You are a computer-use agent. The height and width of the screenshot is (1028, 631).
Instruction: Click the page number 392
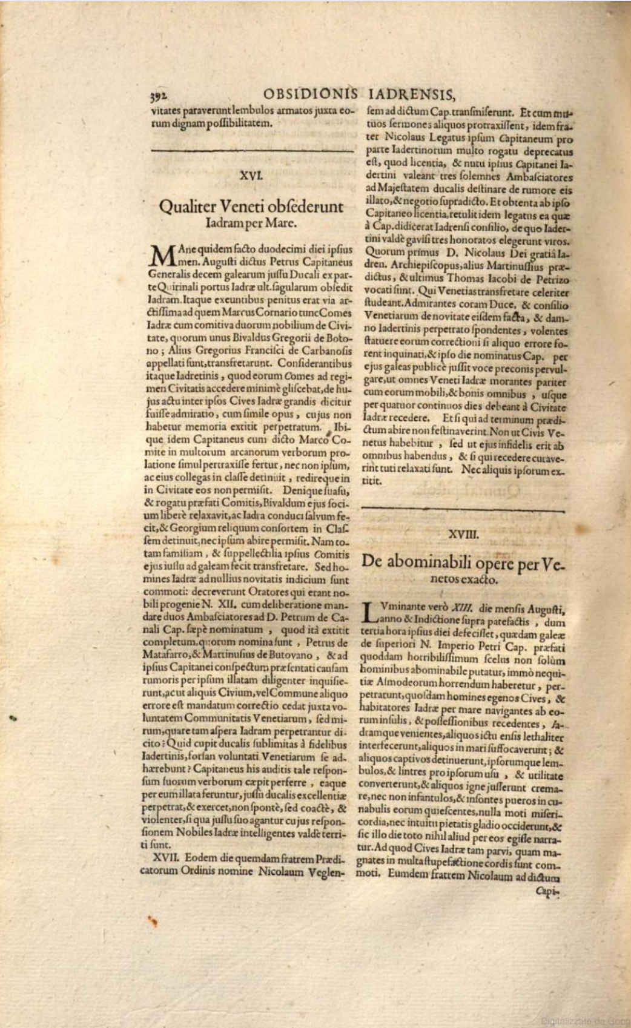click(x=158, y=96)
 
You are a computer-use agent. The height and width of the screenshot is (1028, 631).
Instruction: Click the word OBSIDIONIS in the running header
click(x=311, y=95)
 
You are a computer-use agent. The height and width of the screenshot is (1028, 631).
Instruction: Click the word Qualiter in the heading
click(x=187, y=206)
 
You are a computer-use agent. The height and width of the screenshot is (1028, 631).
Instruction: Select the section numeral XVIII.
click(x=463, y=534)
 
